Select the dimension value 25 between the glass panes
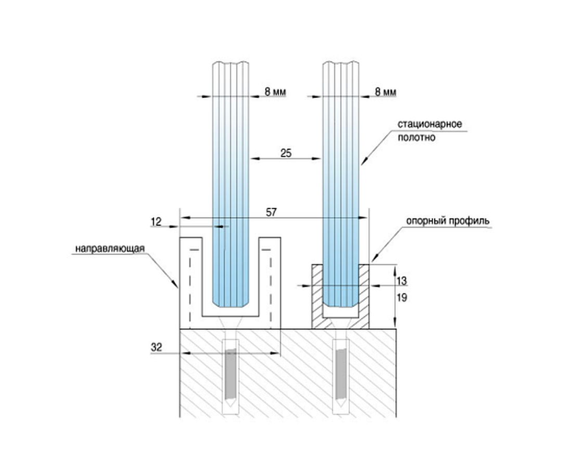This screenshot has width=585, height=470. pos(285,153)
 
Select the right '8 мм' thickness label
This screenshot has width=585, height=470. pos(386,92)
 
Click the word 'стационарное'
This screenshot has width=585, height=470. pos(430,124)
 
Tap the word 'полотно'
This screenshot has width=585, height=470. pos(416,138)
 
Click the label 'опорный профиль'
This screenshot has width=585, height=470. pos(448,220)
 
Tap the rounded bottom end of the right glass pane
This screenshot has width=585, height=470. pos(340,304)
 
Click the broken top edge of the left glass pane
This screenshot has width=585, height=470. pos(230,64)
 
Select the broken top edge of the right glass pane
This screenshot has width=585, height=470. pos(341,64)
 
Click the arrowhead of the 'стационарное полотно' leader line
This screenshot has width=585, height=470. pos(363,163)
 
